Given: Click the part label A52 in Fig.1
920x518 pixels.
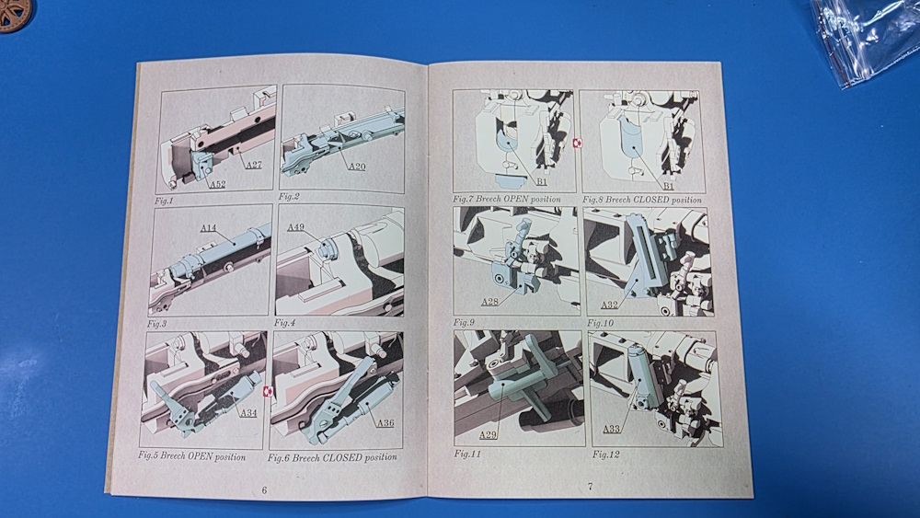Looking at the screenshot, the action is (x=218, y=184).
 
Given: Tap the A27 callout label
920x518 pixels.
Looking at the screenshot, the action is (x=254, y=165).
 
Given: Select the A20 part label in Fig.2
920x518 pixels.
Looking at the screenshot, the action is (x=357, y=166).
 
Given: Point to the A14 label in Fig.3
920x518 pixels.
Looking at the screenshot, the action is (x=208, y=228).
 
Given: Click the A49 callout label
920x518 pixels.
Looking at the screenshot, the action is (x=295, y=227).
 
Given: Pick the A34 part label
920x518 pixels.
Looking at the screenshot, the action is (x=248, y=413).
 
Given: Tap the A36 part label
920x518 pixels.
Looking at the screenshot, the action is (x=385, y=423).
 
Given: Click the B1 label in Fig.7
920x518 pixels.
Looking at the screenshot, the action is (x=542, y=182).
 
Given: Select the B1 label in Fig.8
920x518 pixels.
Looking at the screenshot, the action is (x=668, y=186).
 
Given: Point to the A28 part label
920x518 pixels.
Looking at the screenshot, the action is (x=489, y=302).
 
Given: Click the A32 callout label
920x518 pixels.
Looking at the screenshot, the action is (x=609, y=305).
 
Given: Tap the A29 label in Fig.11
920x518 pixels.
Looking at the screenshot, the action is (x=488, y=434).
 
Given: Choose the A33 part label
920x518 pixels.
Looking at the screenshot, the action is (x=612, y=429).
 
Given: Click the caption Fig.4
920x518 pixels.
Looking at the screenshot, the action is (x=284, y=323).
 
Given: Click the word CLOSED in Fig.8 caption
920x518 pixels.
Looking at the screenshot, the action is (x=650, y=200).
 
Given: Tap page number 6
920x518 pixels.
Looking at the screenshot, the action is (x=264, y=490).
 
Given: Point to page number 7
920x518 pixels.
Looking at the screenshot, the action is (x=591, y=487).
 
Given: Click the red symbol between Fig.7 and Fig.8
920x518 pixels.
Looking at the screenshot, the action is (x=576, y=144).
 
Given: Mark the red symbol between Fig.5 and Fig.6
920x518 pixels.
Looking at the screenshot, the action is (x=268, y=391).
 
